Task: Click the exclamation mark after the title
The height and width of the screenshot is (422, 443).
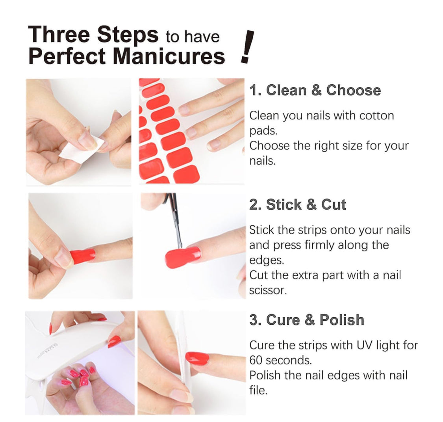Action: [247, 46]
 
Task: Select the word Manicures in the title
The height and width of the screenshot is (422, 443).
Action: [169, 56]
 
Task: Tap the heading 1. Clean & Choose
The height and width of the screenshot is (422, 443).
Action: [315, 90]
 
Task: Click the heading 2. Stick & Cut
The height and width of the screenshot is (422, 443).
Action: [298, 204]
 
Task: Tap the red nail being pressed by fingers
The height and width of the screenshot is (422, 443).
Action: [82, 256]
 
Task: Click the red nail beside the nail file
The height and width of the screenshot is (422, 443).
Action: [197, 358]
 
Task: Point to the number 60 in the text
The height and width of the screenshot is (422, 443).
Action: [256, 361]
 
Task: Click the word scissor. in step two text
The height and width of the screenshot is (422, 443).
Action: [268, 290]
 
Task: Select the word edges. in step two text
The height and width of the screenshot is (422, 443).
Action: [267, 260]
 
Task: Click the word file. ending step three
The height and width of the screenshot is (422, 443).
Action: [258, 390]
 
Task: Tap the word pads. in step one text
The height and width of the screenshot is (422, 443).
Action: [263, 131]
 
